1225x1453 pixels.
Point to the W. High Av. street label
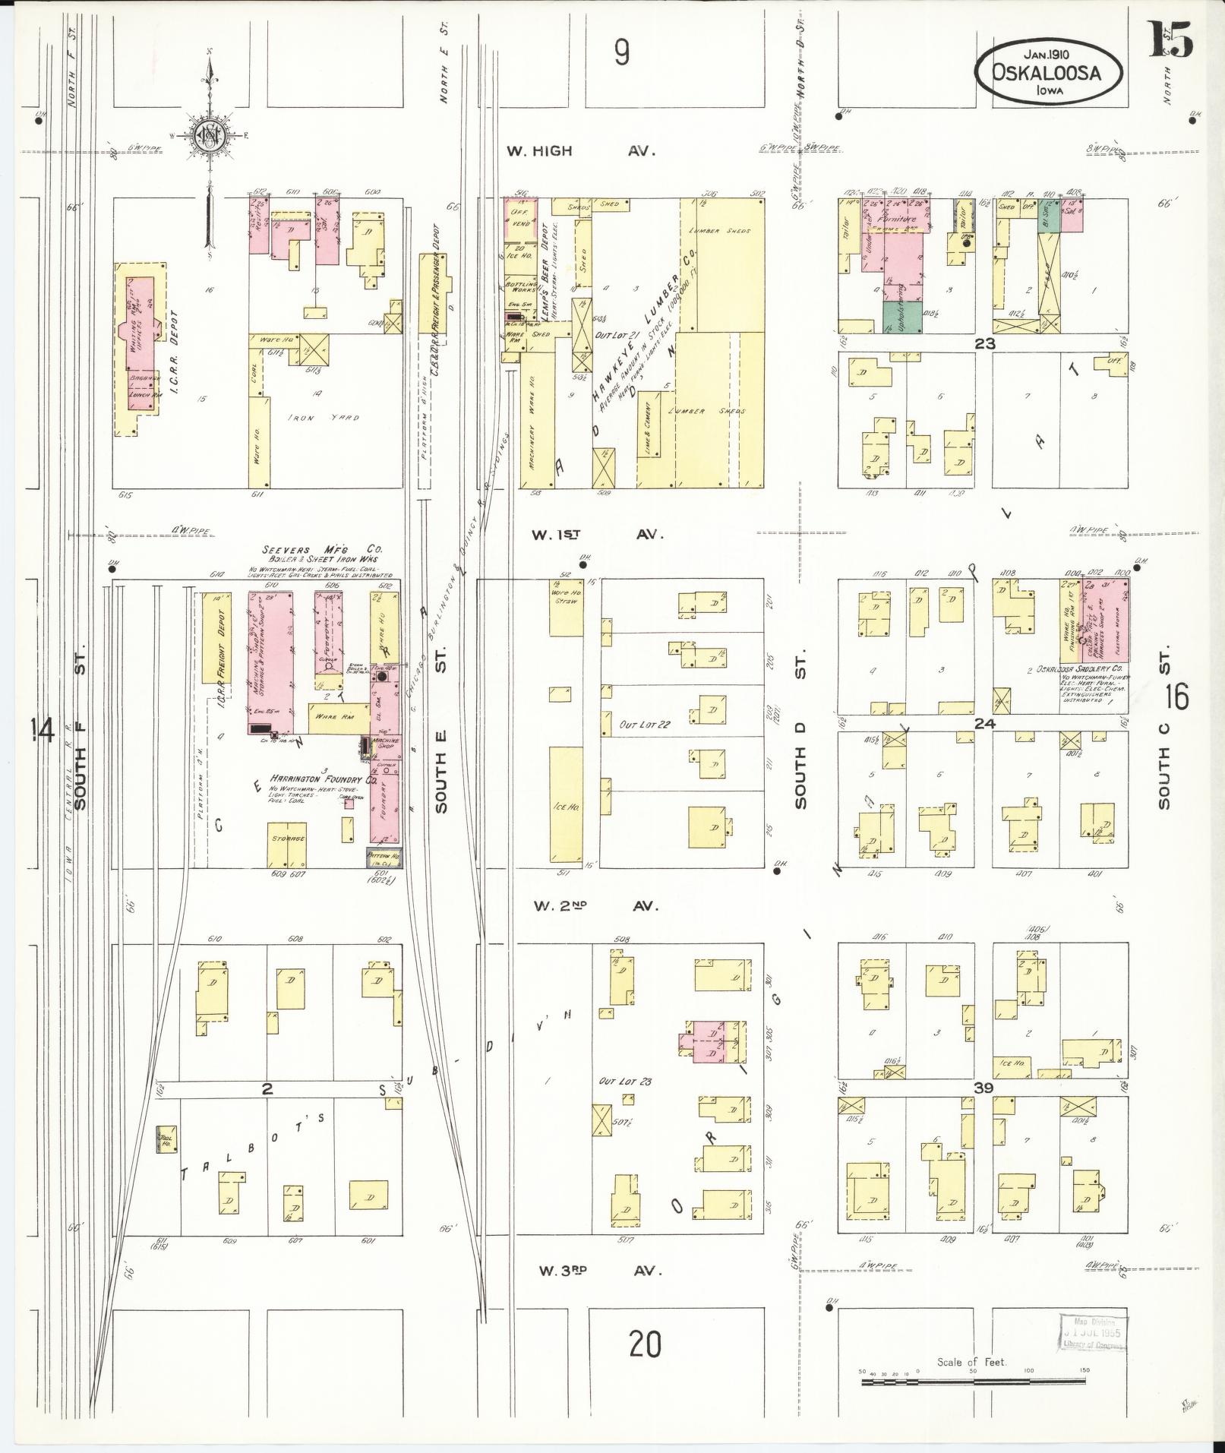click(580, 151)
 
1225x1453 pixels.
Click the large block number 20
click(645, 1344)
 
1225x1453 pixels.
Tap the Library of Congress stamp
click(1094, 1333)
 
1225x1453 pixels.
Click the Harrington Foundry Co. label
click(318, 779)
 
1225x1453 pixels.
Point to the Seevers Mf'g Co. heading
click(323, 549)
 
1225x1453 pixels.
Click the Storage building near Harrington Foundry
click(286, 844)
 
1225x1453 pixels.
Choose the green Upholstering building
click(902, 316)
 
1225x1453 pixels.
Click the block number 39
click(984, 1088)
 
